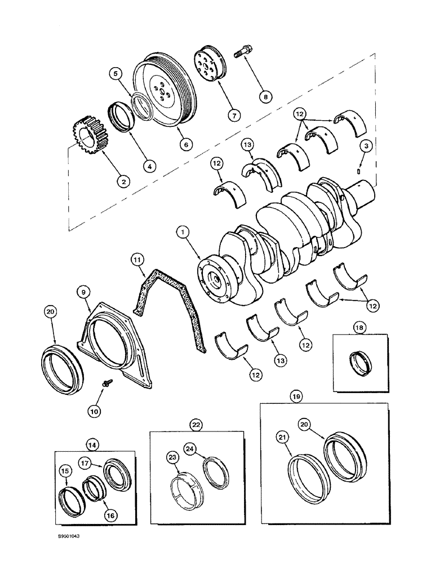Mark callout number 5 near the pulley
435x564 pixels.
pos(116,73)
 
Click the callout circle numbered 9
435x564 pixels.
pos(83,292)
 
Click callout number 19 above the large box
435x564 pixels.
pos(297,396)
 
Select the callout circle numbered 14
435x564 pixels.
pos(94,444)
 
